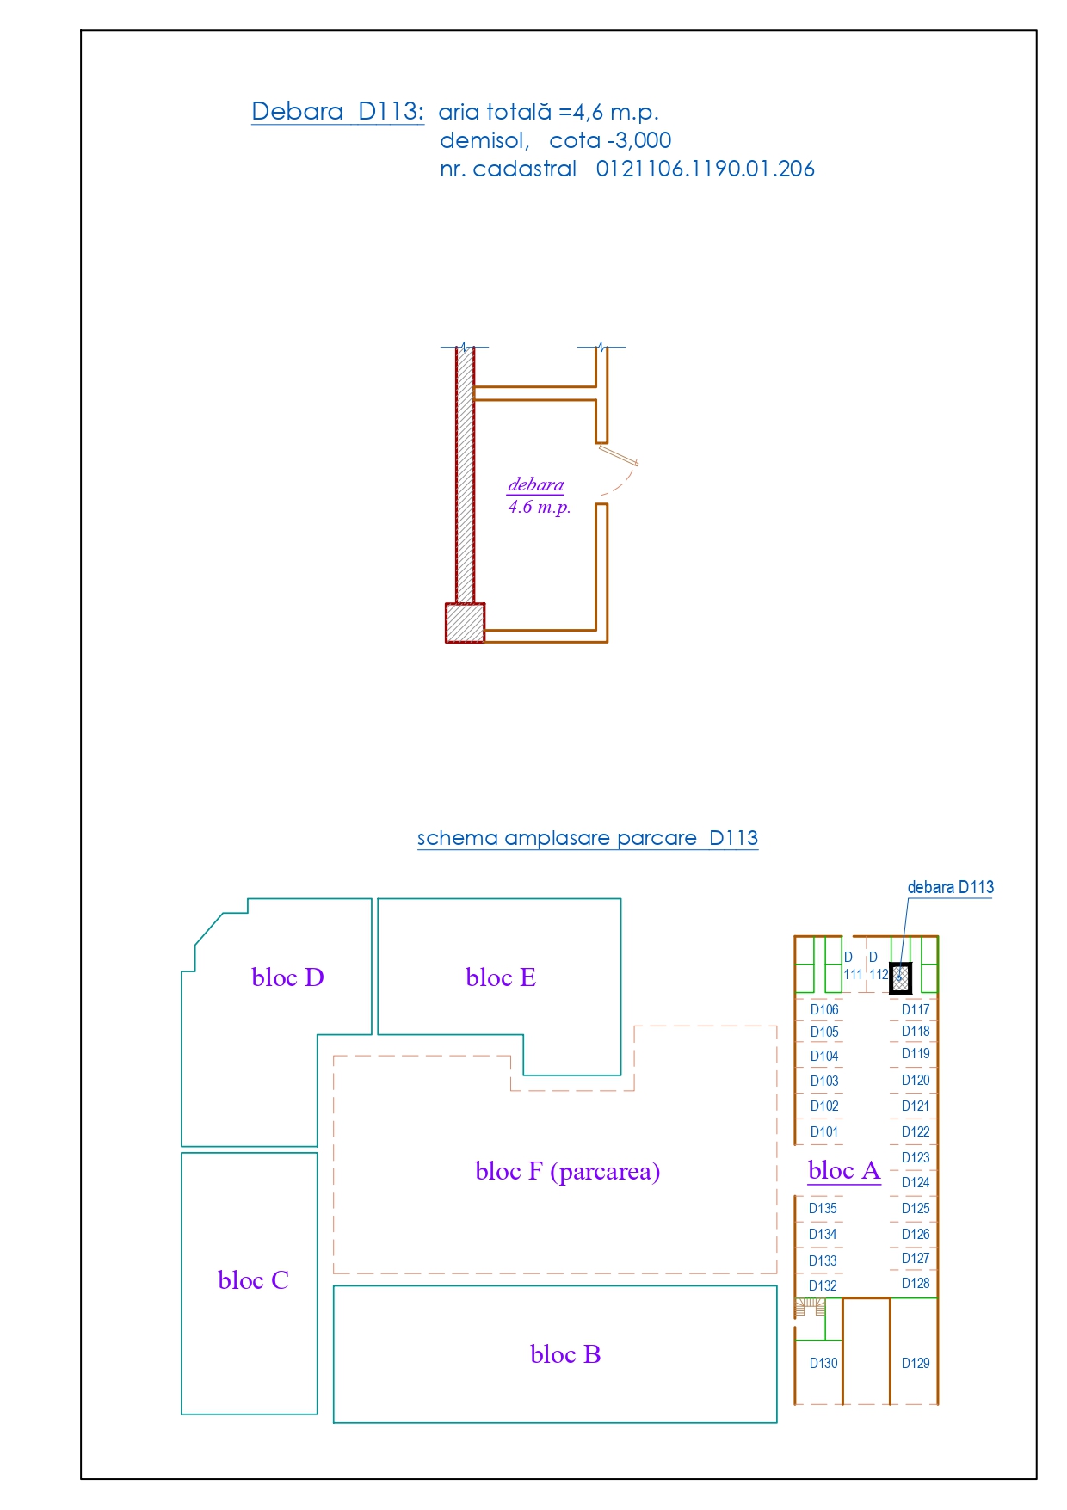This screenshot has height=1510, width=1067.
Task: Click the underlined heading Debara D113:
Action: (337, 111)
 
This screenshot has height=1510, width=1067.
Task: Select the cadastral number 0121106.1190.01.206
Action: (705, 169)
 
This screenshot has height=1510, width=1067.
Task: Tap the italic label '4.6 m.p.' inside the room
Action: (540, 507)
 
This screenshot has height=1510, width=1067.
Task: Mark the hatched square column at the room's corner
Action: (465, 623)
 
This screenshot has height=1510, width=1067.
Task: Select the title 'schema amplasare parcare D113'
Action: (588, 838)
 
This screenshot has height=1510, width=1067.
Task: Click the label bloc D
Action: (287, 977)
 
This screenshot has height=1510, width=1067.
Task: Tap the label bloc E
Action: (501, 977)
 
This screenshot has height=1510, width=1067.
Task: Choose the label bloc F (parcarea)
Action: (568, 1172)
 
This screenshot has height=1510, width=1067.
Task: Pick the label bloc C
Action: (253, 1280)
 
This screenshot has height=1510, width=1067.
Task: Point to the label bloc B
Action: (565, 1354)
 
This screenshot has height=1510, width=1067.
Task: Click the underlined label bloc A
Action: (844, 1170)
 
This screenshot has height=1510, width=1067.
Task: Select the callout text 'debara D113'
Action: (951, 887)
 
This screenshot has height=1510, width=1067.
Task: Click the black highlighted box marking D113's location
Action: (900, 978)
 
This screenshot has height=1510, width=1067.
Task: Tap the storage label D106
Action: (824, 1009)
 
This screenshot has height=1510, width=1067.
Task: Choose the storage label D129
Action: (916, 1363)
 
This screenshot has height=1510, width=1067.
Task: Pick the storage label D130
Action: (823, 1363)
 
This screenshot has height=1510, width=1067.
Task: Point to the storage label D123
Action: (916, 1157)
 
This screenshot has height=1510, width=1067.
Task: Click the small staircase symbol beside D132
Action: (809, 1308)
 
